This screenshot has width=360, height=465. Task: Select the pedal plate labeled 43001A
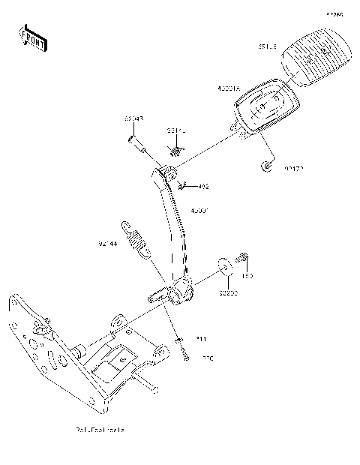[259, 111]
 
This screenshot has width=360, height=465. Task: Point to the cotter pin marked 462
[184, 184]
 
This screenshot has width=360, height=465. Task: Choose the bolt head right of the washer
[243, 257]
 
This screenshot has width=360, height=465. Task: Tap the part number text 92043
[133, 118]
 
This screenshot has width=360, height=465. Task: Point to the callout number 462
[203, 186]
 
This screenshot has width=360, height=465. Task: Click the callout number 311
[202, 340]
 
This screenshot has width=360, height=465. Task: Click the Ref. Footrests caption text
[99, 430]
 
